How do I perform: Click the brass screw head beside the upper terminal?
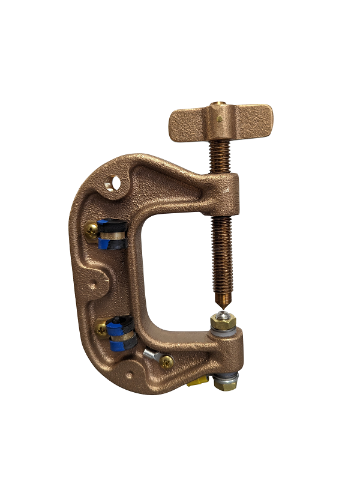92,231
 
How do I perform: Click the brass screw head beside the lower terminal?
102,328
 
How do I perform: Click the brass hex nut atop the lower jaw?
224,324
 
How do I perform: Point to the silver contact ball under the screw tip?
223,314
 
